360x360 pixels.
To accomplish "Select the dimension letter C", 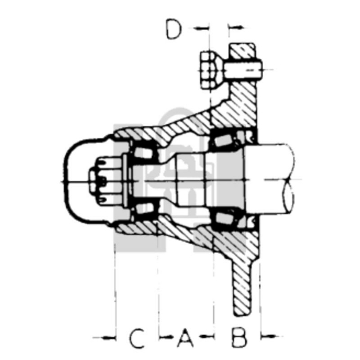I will tap(136, 338).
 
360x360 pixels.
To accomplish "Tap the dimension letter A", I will tap(184, 338).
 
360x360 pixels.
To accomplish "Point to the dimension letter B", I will tap(238, 338).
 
